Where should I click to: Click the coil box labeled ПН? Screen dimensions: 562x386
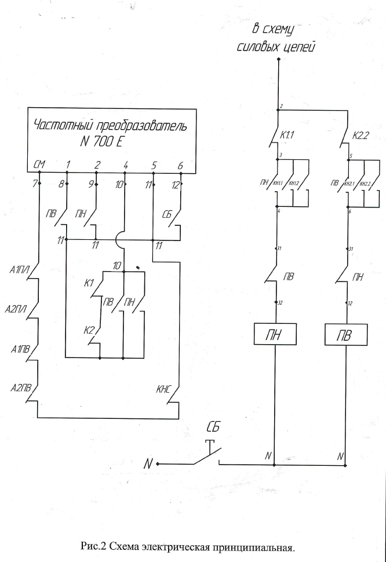tap(276, 334)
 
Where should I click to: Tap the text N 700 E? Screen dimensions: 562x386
tap(110, 141)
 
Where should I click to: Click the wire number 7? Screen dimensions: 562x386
tap(35, 185)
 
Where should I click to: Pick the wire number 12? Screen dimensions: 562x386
tap(174, 185)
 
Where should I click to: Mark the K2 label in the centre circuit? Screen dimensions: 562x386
tap(89, 330)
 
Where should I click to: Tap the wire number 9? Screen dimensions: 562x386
tap(91, 185)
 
